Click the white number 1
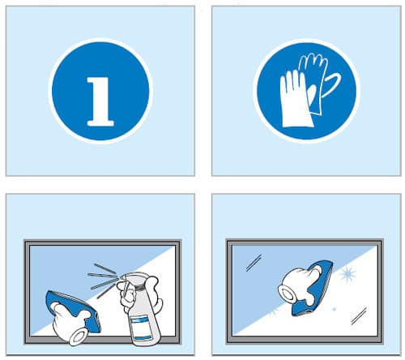[100, 101]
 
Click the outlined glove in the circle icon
[318, 81]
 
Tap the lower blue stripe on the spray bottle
[143, 338]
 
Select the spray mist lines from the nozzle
[103, 278]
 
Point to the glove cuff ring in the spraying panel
[79, 337]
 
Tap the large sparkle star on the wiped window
[347, 273]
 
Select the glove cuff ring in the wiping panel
[287, 294]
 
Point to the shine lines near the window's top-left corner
[254, 263]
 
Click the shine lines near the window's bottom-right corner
[359, 316]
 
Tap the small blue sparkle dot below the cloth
[335, 309]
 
